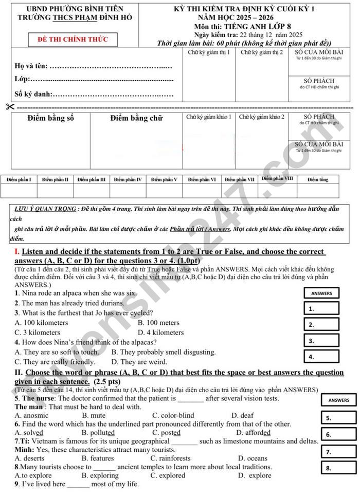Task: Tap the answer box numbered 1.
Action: click(322, 308)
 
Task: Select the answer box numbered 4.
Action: click(322, 356)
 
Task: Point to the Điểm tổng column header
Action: click(317, 179)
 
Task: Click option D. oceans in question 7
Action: click(253, 458)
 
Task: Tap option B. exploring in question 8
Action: click(100, 475)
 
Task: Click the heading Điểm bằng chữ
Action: click(136, 118)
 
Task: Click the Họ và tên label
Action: click(31, 66)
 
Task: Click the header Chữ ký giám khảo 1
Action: click(208, 117)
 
